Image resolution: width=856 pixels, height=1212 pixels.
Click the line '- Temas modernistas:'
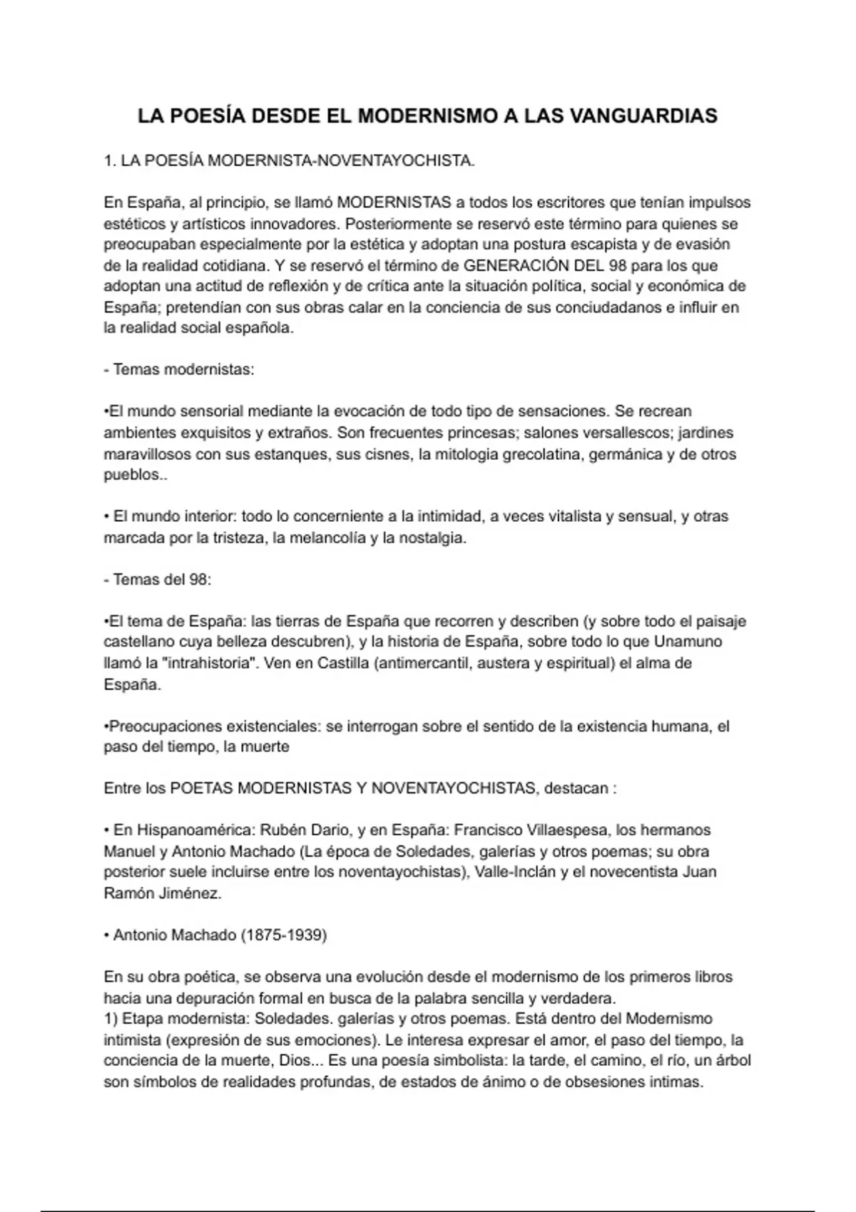click(x=179, y=370)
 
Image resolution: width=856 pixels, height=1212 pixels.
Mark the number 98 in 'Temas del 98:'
click(x=199, y=579)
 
